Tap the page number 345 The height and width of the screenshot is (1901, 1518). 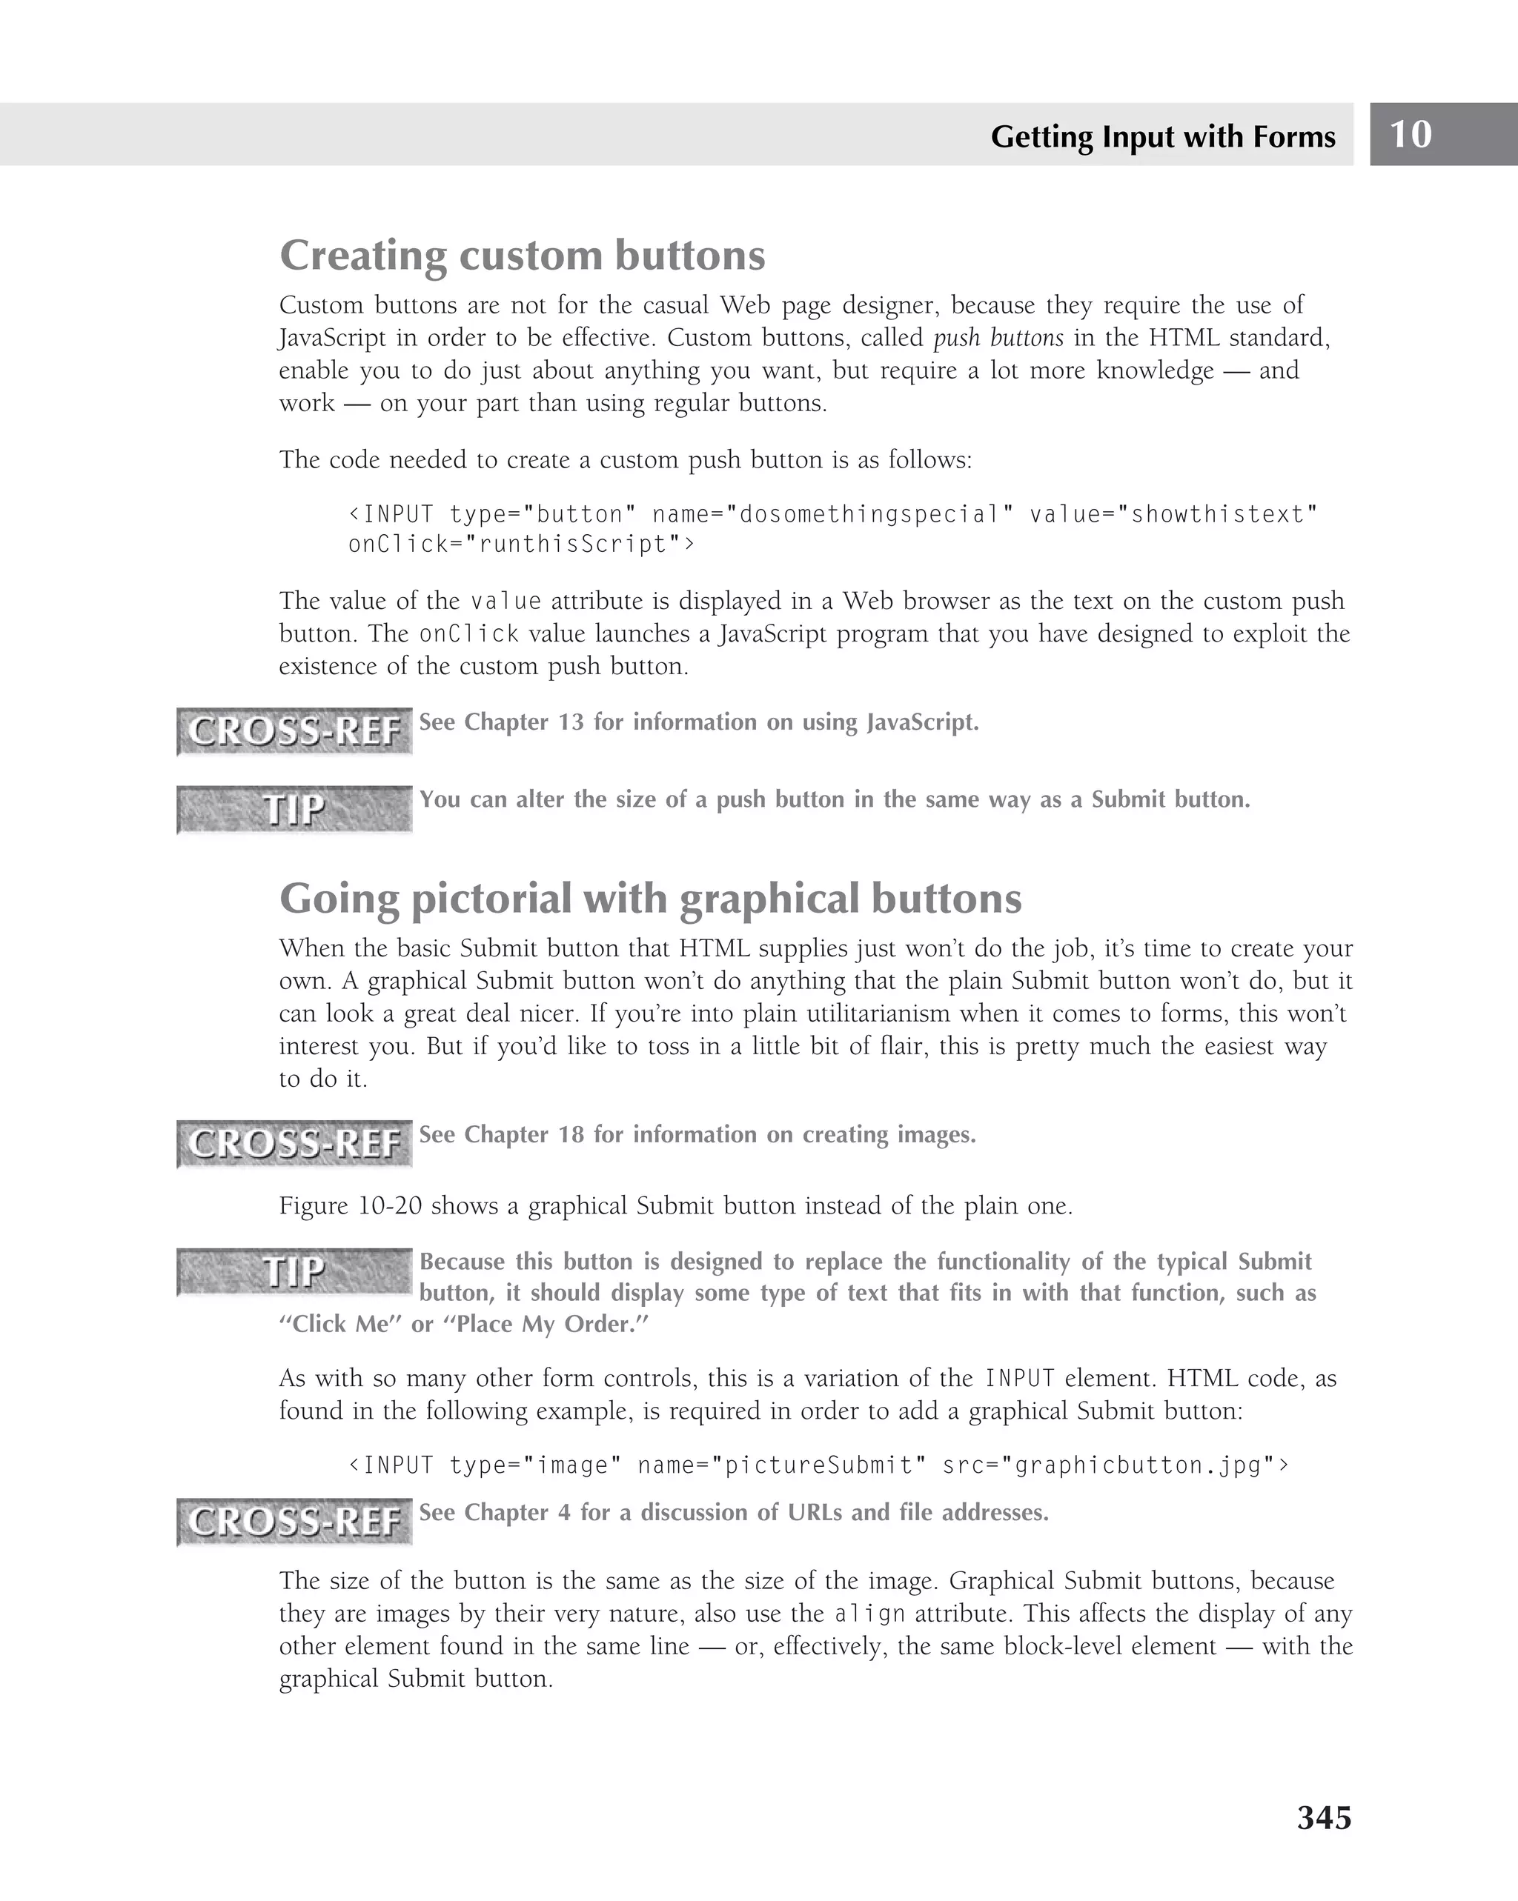(1323, 1817)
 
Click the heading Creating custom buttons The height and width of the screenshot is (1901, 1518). (522, 256)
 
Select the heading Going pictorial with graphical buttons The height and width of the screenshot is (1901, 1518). (650, 899)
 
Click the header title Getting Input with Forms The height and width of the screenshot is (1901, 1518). (1162, 136)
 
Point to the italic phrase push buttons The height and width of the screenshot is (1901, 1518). (998, 338)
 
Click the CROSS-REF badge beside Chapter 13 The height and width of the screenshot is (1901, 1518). (294, 731)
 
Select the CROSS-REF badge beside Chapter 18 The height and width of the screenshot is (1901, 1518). (294, 1144)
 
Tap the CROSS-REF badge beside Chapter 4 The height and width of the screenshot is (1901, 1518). (294, 1522)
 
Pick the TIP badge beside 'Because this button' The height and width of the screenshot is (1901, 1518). (294, 1271)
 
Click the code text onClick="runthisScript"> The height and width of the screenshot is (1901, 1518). (521, 544)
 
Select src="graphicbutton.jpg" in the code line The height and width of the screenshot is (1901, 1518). (1115, 1465)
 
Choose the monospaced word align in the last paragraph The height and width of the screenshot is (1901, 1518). (869, 1614)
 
